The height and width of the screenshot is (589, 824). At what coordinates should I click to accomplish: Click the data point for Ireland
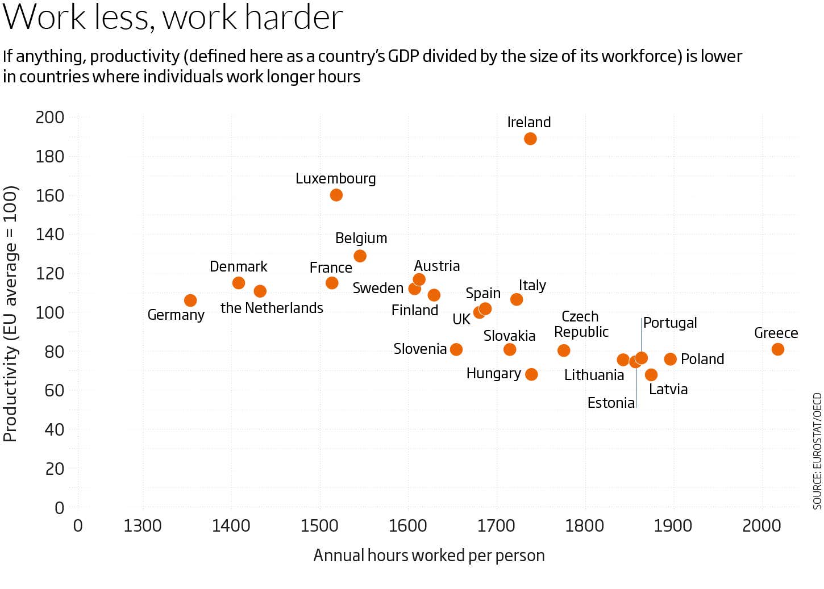click(530, 139)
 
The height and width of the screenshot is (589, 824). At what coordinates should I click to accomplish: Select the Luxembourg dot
click(336, 195)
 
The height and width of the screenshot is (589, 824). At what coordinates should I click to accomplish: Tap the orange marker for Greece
click(777, 349)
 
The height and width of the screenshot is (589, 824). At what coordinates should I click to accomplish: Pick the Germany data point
click(190, 300)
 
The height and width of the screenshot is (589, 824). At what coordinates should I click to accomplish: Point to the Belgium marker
click(360, 256)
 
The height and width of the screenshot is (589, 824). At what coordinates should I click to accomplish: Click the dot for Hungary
click(531, 374)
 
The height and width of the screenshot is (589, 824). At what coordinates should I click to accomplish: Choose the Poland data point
click(670, 359)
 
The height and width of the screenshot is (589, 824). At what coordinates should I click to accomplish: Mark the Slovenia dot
click(456, 349)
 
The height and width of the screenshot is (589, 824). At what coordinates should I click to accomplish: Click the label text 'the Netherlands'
click(272, 308)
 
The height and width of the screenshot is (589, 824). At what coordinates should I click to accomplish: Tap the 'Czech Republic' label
click(581, 324)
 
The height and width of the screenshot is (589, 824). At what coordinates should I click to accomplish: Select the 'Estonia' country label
click(611, 403)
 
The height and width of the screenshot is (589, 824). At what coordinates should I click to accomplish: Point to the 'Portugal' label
click(670, 323)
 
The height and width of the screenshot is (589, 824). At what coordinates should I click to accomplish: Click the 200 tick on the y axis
click(50, 118)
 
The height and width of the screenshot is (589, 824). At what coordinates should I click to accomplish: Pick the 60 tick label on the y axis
click(55, 390)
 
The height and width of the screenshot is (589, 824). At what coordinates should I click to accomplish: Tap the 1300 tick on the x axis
click(143, 525)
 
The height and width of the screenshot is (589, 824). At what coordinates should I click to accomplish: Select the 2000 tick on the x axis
click(761, 525)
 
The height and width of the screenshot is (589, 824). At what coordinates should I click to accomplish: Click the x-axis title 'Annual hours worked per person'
click(429, 555)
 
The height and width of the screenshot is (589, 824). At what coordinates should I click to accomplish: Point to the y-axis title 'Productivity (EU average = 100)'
click(10, 314)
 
